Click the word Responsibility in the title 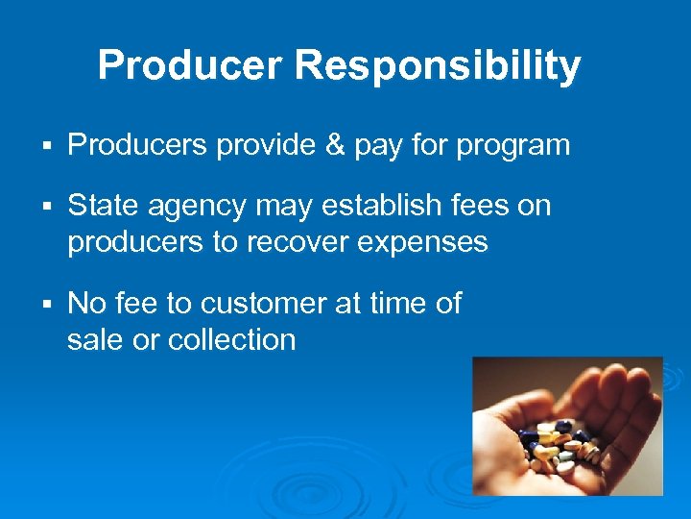pos(438,66)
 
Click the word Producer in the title pos(191,66)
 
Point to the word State pos(103,206)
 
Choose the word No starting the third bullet pos(87,304)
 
